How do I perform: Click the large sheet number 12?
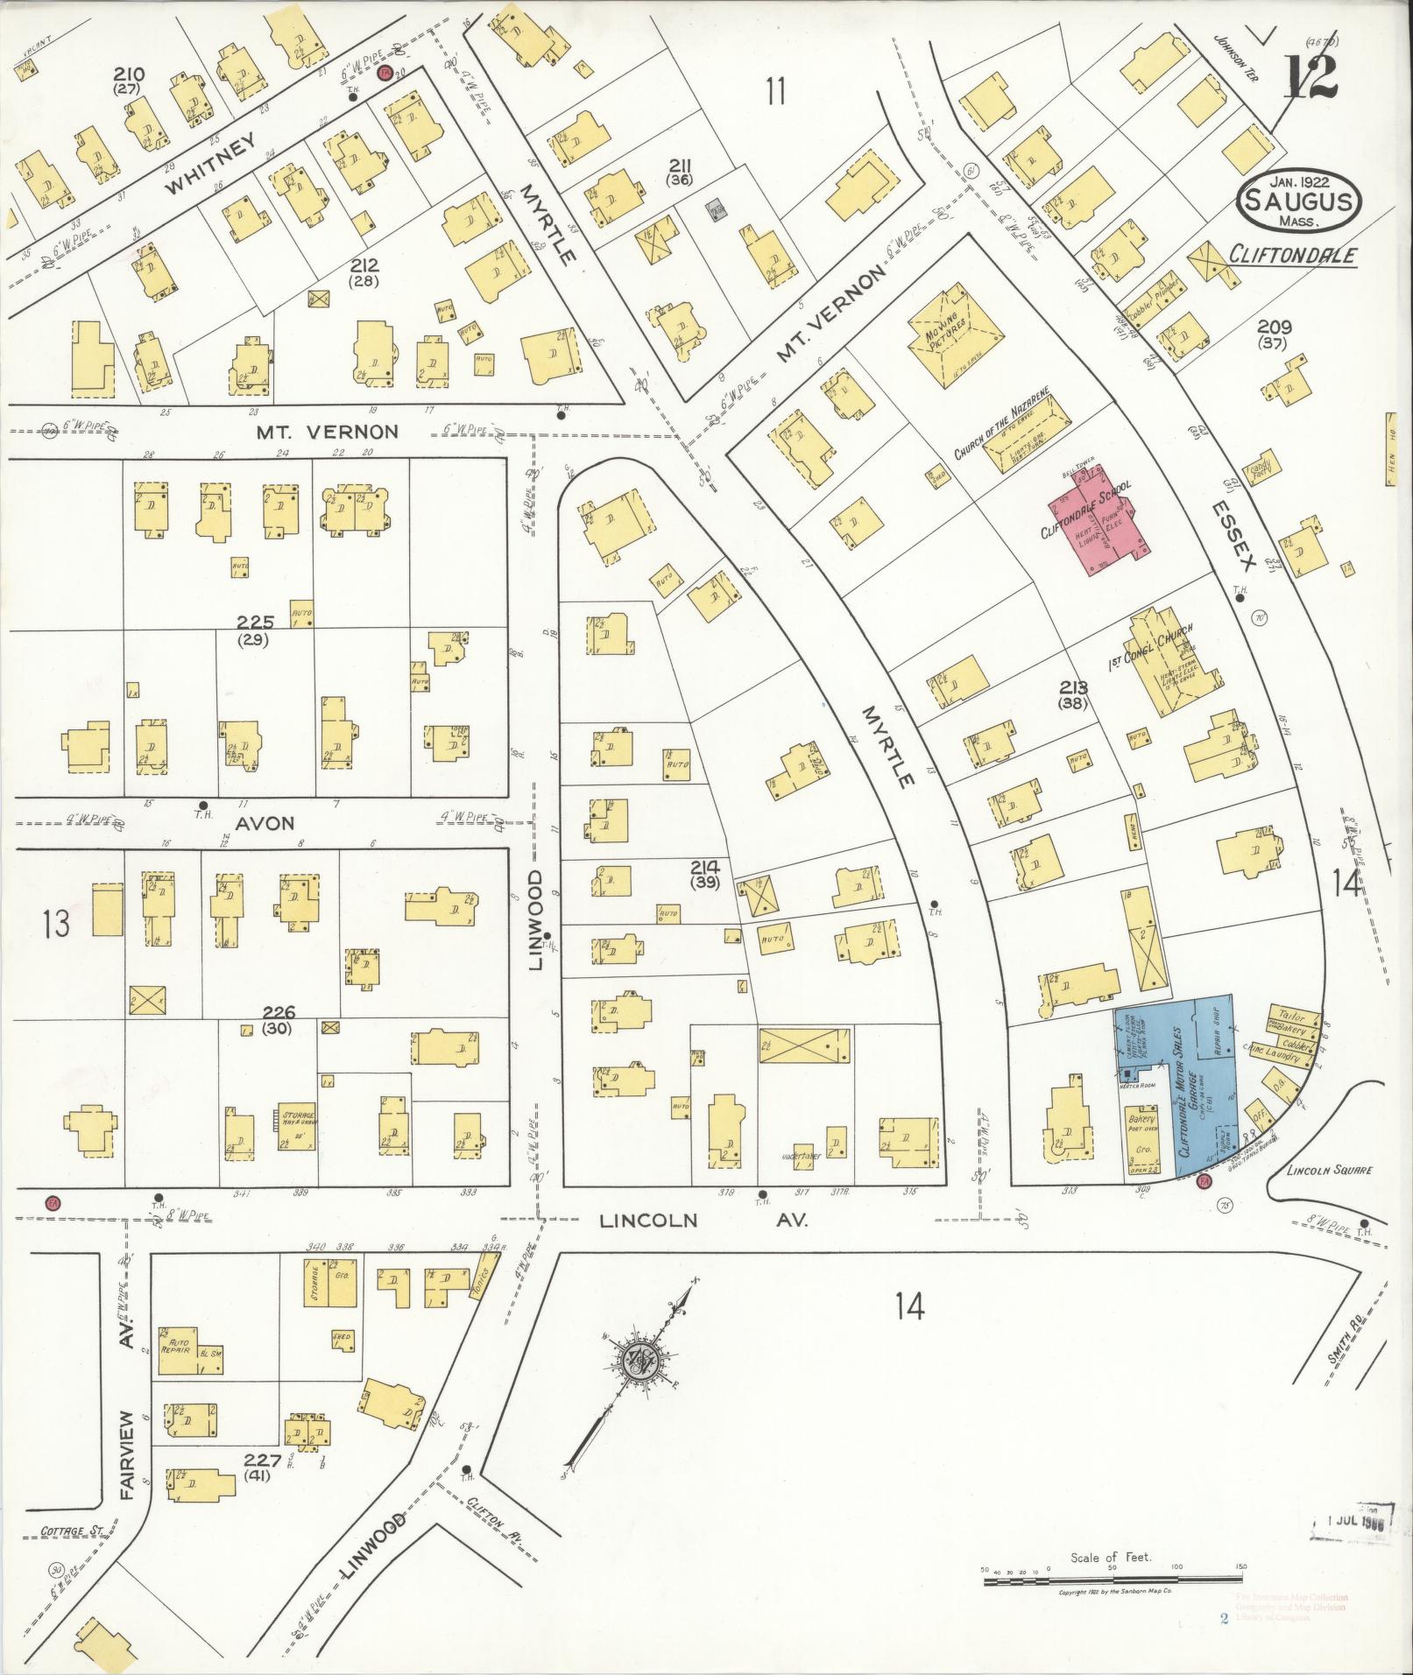coord(1311,79)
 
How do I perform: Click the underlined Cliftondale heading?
coord(1292,256)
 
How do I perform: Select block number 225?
coord(256,623)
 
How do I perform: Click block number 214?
coord(705,867)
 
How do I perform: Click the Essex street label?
coord(1236,535)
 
